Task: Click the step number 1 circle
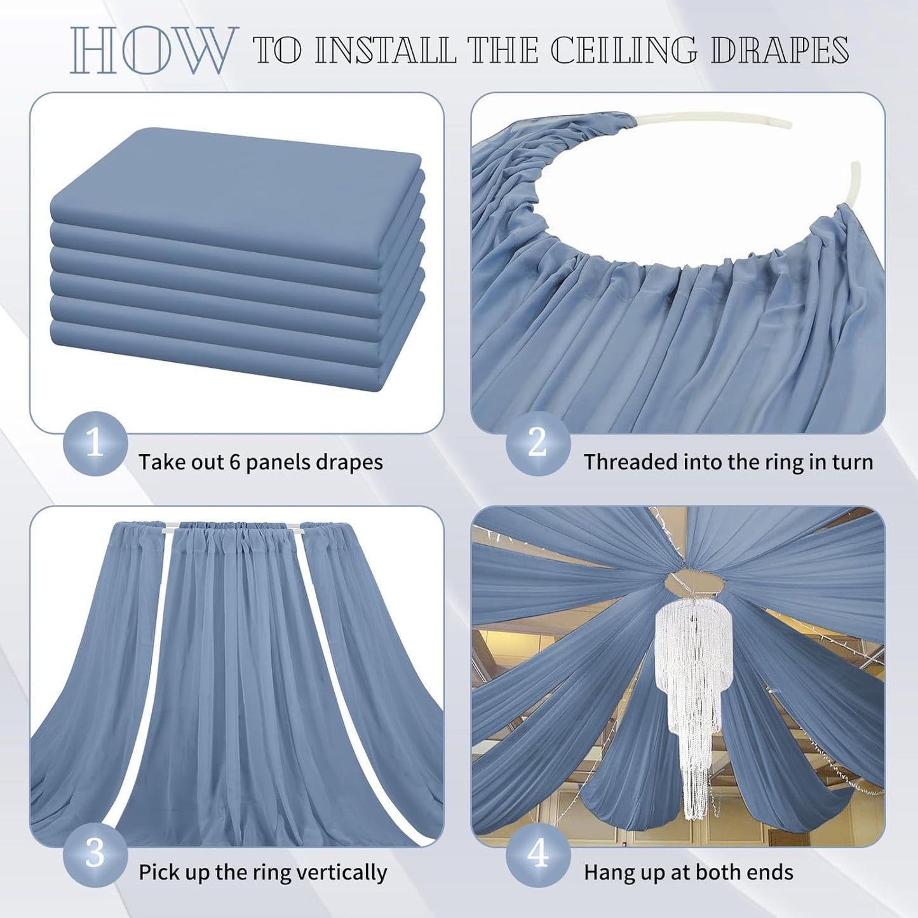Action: click(95, 443)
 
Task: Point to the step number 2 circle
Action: click(537, 443)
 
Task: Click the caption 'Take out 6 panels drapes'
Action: click(260, 462)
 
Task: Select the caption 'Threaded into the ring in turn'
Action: click(728, 462)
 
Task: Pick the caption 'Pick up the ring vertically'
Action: click(262, 872)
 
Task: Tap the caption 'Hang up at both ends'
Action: click(688, 872)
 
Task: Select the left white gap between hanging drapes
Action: click(152, 667)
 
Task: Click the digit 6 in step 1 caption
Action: click(234, 462)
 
